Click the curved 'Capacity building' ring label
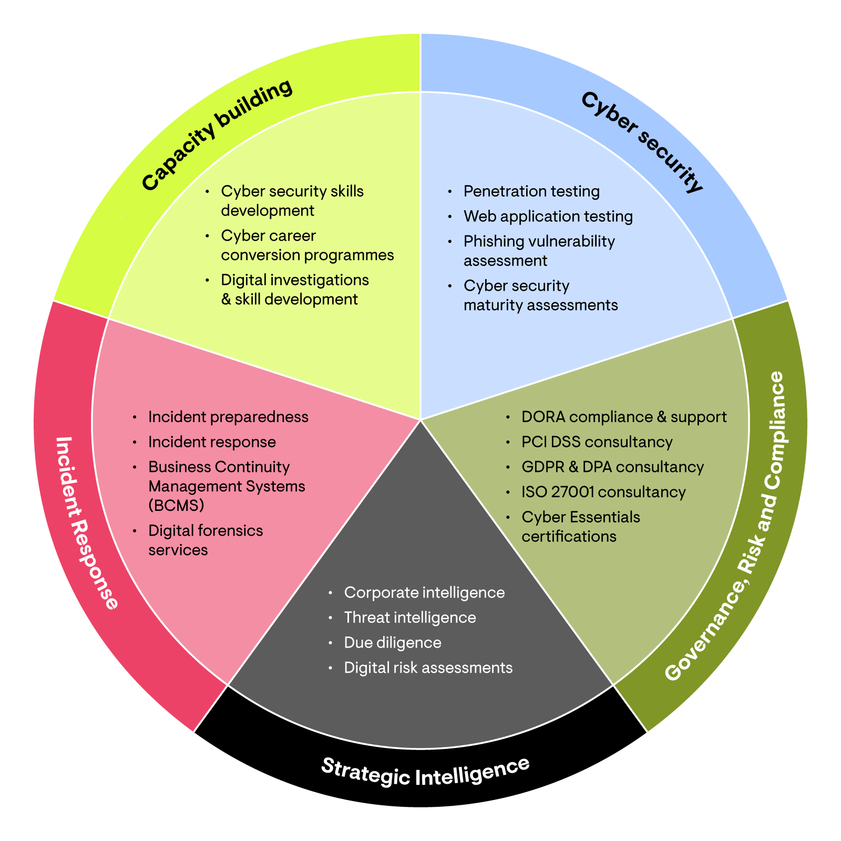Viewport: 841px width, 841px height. (217, 135)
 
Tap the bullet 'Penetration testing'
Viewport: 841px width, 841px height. (531, 191)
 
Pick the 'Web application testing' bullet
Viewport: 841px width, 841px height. (548, 217)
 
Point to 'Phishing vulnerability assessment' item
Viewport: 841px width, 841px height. (538, 251)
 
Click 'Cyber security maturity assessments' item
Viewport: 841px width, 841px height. (540, 295)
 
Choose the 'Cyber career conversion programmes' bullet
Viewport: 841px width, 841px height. (307, 245)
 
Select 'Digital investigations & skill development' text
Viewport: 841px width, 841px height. (294, 290)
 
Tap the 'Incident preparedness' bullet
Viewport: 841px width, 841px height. (228, 417)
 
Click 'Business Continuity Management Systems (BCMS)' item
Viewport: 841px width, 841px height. (226, 486)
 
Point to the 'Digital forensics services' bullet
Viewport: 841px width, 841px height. (205, 540)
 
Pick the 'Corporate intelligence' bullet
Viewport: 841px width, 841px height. (424, 592)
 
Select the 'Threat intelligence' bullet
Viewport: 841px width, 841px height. (409, 618)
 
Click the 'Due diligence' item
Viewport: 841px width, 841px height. (392, 643)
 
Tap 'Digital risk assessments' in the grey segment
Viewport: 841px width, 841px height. (428, 668)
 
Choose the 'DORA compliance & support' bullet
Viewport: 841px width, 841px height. (623, 417)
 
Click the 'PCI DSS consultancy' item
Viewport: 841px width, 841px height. (597, 442)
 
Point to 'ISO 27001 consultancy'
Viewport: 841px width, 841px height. (603, 492)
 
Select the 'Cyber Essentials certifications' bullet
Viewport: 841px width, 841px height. (580, 527)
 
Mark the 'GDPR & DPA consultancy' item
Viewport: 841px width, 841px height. (612, 467)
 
